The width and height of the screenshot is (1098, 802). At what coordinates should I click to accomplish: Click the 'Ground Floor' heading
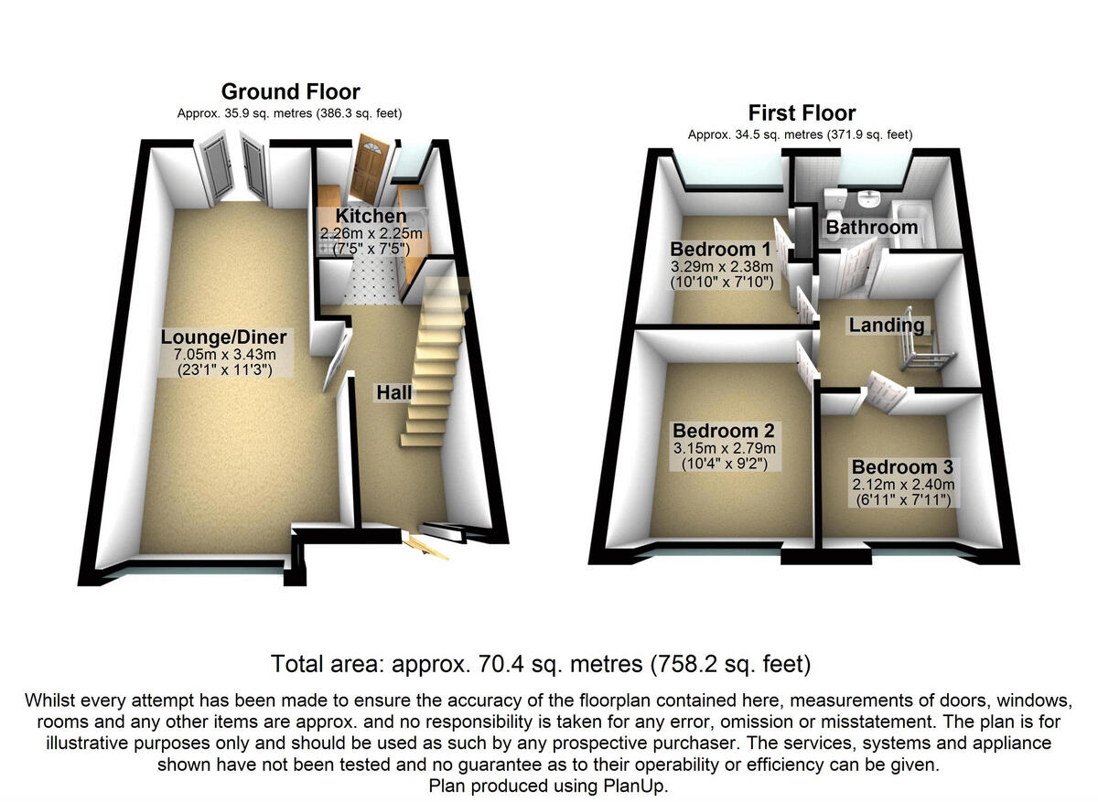point(290,91)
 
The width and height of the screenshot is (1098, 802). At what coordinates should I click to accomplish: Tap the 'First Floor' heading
point(802,113)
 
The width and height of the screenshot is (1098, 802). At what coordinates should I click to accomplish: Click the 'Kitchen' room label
point(371,216)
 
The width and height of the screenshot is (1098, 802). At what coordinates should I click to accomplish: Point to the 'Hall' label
point(393,392)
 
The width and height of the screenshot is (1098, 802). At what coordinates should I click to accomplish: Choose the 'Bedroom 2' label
point(723,430)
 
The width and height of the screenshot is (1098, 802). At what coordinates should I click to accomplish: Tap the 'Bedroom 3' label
point(901,467)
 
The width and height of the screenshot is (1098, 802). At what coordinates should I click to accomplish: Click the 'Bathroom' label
point(871,227)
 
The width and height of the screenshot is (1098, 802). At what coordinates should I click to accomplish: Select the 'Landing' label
point(886,325)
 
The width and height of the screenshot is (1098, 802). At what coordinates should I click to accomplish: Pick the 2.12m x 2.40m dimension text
point(901,485)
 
